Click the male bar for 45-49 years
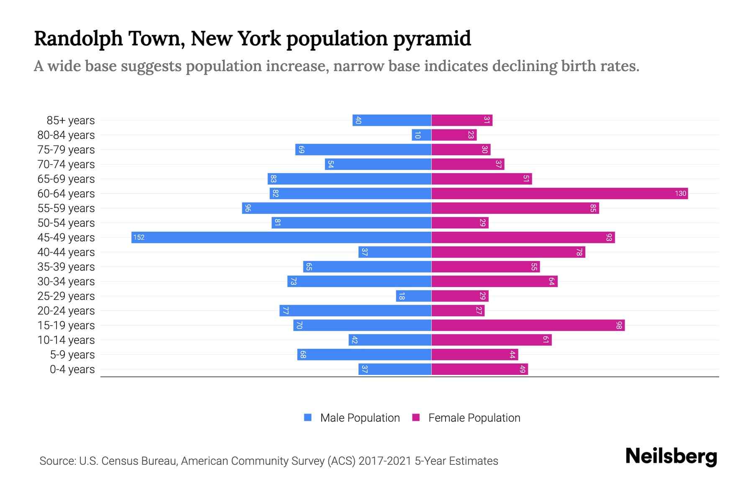[281, 237]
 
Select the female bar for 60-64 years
[559, 193]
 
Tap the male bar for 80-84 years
[421, 135]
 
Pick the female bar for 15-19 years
[528, 325]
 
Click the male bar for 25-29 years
[413, 296]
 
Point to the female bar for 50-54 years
[460, 223]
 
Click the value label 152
[139, 237]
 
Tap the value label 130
[680, 193]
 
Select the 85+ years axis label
[71, 120]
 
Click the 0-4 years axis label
[72, 369]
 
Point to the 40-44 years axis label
[66, 252]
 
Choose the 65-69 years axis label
[66, 179]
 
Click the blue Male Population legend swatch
[308, 417]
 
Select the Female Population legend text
[474, 417]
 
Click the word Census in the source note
[120, 461]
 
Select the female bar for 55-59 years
[515, 208]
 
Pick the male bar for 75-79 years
[363, 149]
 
